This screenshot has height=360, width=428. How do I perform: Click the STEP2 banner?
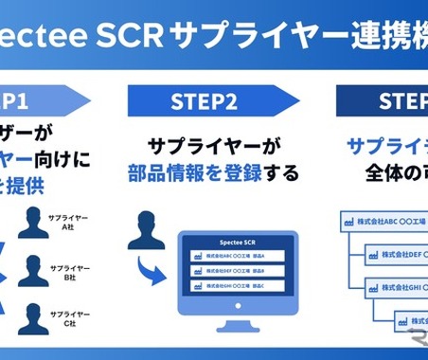[212, 99]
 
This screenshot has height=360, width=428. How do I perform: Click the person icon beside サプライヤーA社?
[34, 224]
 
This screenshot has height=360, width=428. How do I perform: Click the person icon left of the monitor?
[145, 230]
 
